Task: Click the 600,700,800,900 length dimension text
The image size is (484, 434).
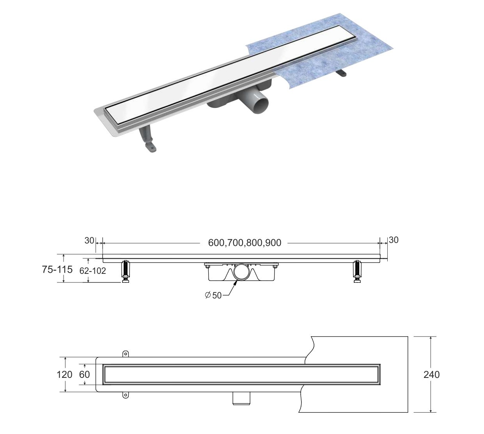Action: coord(245,243)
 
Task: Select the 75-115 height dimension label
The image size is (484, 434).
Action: coord(57,269)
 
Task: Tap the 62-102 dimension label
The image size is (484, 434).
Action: coord(93,270)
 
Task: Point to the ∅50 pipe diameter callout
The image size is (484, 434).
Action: coord(213,295)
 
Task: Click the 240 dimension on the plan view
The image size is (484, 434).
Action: coord(431,375)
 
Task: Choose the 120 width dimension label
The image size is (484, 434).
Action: coord(64,375)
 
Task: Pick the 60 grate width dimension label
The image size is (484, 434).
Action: coord(84,375)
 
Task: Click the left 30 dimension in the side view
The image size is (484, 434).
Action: coord(89,240)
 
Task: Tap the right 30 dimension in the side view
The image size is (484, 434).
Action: coord(394,240)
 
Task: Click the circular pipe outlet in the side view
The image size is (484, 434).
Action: coord(241,272)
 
